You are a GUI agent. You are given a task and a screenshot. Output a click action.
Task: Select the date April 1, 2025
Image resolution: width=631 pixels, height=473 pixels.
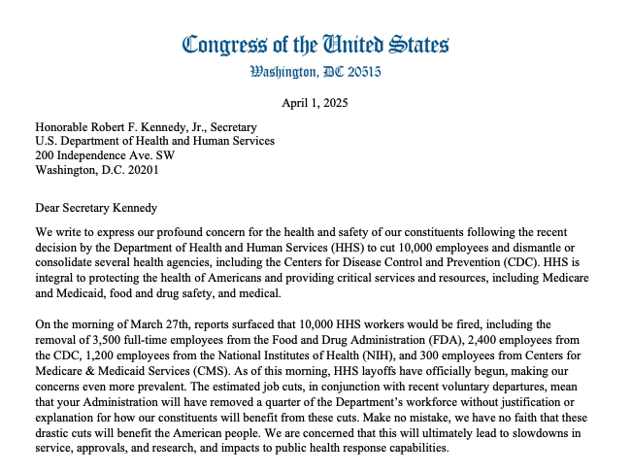coord(315,102)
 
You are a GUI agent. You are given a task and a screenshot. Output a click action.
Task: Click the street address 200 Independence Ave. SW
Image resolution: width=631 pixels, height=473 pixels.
coord(114,155)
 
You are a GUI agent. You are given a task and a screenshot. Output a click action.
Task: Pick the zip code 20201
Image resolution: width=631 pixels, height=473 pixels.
coord(135,170)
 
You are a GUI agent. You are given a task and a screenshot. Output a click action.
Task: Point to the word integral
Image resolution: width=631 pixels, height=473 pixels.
coord(57,263)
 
